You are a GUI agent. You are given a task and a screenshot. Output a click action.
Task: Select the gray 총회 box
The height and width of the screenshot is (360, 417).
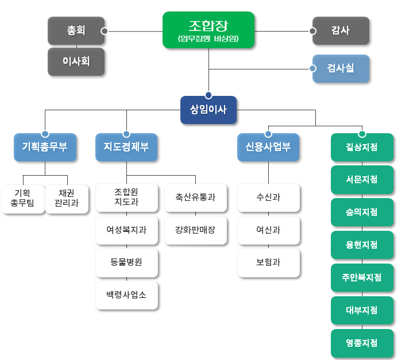[76, 30]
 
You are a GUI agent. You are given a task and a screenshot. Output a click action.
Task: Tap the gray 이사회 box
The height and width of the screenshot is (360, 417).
[76, 61]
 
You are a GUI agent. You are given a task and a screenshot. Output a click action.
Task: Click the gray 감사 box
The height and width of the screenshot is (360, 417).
[341, 30]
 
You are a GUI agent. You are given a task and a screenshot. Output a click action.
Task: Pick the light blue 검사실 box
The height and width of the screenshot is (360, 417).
[341, 68]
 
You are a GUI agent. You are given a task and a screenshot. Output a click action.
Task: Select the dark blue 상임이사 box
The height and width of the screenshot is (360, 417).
[208, 110]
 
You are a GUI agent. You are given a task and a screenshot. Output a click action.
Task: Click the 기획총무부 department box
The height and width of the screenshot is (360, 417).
[45, 146]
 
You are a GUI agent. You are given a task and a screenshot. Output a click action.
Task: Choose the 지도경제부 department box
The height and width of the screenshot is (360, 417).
[126, 146]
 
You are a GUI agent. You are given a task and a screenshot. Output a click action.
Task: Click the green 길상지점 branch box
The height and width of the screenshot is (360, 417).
[362, 147]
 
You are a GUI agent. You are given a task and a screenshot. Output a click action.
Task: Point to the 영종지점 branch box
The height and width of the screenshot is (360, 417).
[362, 343]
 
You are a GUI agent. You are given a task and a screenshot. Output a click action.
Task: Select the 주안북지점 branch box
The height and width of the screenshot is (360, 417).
[362, 278]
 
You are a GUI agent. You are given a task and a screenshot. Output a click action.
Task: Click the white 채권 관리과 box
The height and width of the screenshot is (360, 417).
[67, 198]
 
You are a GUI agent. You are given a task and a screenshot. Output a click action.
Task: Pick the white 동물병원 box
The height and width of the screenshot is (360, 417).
[126, 262]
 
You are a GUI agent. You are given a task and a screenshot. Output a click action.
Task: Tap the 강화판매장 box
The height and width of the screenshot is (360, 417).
[195, 230]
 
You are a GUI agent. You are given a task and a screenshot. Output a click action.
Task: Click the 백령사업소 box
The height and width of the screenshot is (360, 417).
[126, 295]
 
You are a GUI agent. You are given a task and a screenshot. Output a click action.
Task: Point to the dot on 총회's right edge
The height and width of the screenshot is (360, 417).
[104, 31]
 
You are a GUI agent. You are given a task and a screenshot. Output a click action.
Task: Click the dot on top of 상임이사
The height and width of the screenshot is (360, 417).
[208, 95]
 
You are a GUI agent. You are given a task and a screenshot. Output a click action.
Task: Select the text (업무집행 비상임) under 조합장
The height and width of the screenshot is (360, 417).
[208, 39]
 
